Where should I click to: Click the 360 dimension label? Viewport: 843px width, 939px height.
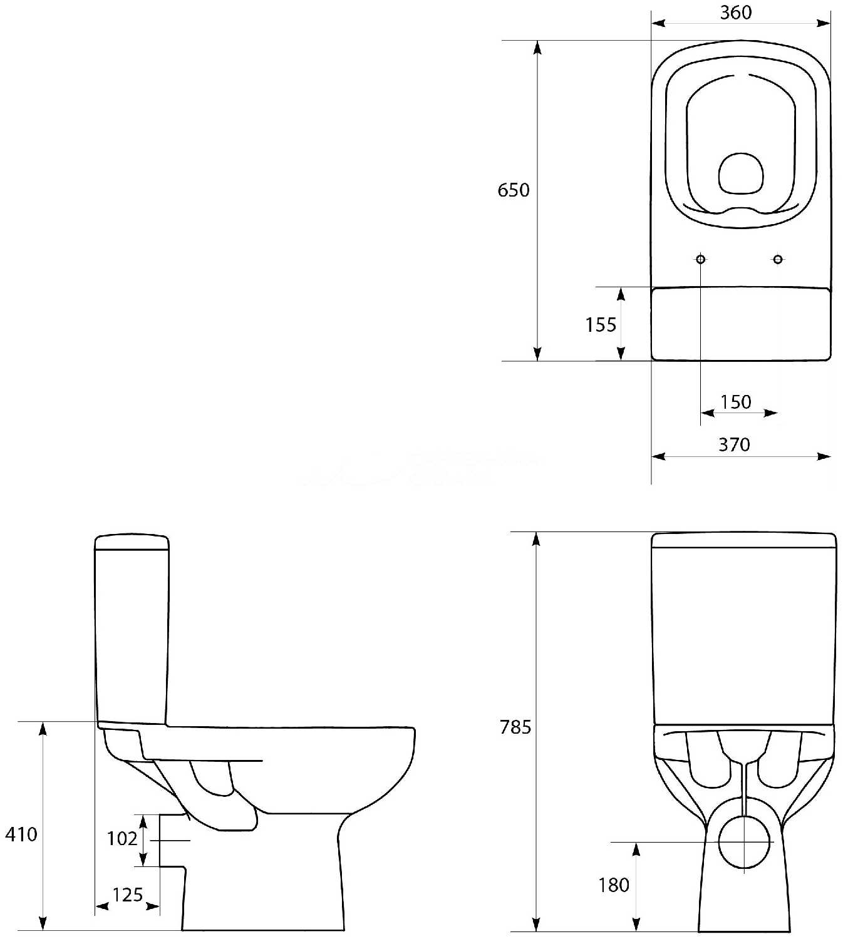736,13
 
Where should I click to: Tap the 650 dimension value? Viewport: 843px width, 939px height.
514,190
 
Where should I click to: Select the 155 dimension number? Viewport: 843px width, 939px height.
601,325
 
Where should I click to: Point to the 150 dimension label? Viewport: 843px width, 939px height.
736,402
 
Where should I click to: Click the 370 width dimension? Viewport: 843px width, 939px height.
734,444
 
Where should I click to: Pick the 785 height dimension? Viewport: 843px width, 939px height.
515,727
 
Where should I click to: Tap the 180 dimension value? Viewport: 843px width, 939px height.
614,885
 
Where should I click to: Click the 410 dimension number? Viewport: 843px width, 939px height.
21,834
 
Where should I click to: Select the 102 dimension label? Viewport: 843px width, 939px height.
122,838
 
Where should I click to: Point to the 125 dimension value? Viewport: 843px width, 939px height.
128,895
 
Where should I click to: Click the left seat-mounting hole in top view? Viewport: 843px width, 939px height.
701,259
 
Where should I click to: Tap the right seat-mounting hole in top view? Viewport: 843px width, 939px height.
778,259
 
